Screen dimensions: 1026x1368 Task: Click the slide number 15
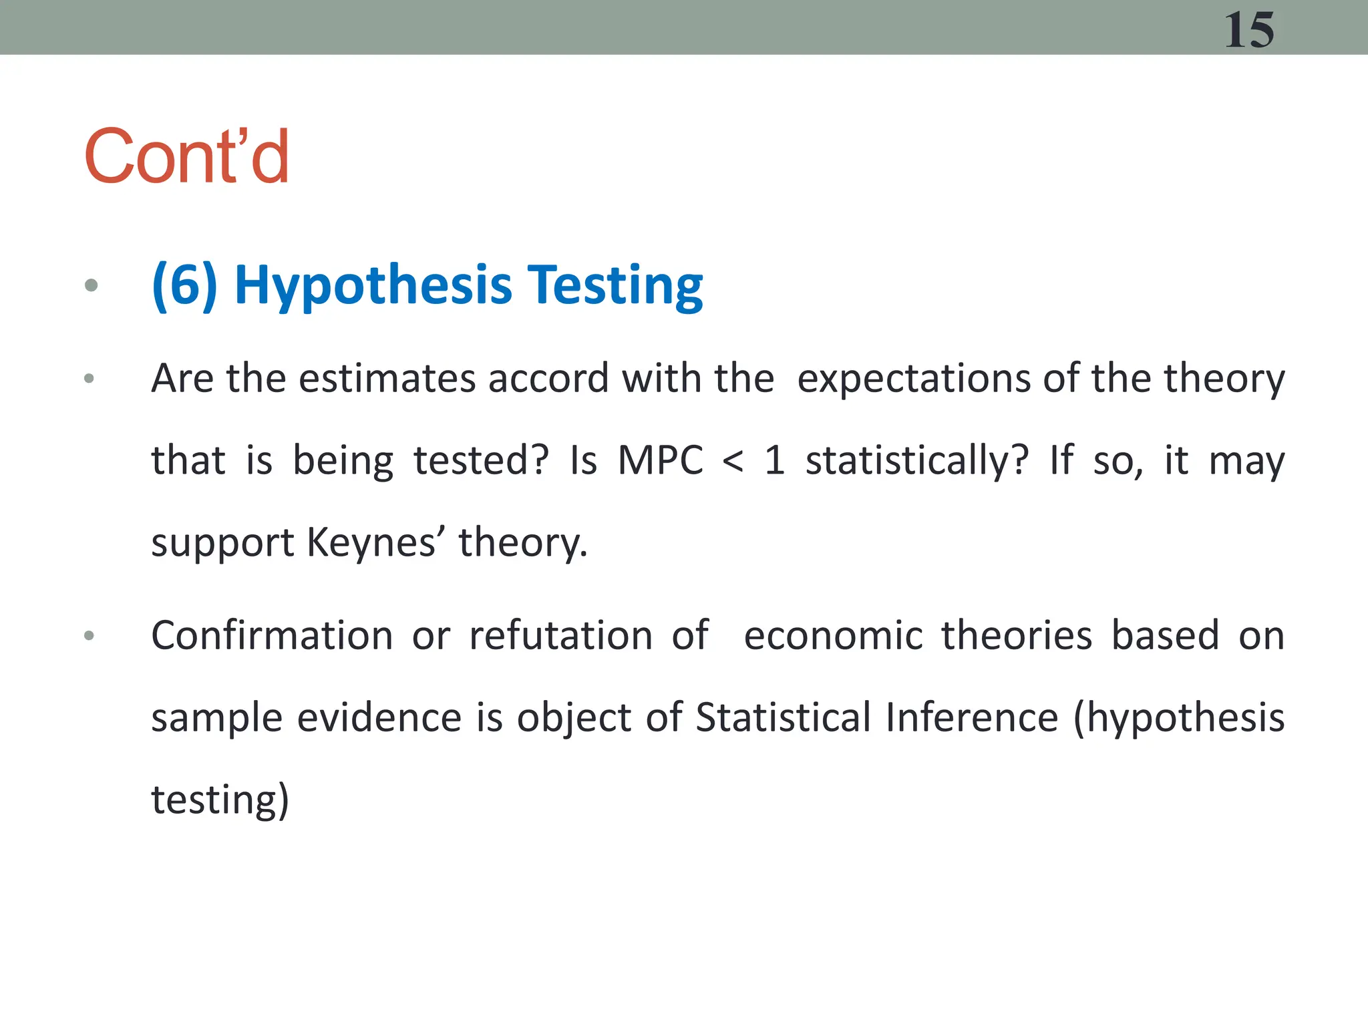1248,31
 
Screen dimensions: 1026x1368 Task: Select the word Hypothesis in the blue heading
373,286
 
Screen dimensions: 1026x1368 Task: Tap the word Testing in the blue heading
615,286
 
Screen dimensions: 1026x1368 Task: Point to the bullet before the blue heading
92,286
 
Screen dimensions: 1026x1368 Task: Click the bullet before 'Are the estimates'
90,379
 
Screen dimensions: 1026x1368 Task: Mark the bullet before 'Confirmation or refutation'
90,636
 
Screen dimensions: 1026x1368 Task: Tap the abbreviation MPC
661,460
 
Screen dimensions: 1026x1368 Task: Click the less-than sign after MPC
733,462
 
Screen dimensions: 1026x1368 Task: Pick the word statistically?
917,462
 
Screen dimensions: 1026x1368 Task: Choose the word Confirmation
272,635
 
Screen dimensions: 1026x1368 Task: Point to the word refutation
561,635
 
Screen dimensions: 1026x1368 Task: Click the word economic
833,635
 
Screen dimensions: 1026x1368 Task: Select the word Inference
972,717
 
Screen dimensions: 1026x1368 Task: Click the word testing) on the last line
220,800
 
